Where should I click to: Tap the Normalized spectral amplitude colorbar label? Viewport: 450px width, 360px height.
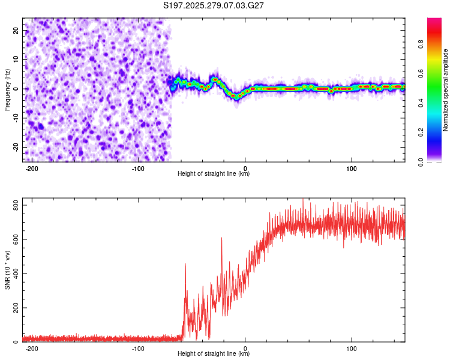pos(445,90)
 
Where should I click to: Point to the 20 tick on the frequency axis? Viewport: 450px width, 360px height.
pos(16,29)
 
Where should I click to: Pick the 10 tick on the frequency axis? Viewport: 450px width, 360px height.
pos(16,59)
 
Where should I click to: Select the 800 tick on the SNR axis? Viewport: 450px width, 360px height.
pos(14,205)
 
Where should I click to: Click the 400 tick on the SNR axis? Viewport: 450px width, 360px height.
pos(14,274)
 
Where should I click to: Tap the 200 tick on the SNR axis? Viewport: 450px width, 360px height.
pos(14,308)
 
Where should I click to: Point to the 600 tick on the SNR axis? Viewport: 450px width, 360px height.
pos(14,239)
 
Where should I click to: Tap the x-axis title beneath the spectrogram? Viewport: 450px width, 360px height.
pos(214,174)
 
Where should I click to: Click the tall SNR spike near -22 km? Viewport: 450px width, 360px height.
pos(221,239)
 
